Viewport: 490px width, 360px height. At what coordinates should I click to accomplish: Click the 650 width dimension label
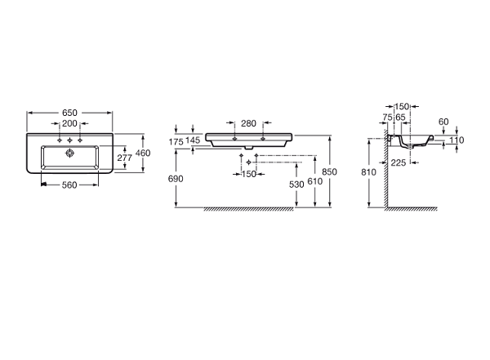pyautogui.click(x=69, y=113)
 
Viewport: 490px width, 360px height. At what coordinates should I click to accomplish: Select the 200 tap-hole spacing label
pyautogui.click(x=69, y=124)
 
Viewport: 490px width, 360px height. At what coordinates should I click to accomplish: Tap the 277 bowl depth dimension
pyautogui.click(x=125, y=158)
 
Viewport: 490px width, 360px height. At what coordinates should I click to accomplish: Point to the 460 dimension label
pyautogui.click(x=143, y=153)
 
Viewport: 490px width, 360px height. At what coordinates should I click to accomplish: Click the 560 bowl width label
pyautogui.click(x=69, y=185)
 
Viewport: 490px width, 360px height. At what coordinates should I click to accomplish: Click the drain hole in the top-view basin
pyautogui.click(x=69, y=153)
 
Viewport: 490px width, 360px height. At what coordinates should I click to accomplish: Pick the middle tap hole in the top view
pyautogui.click(x=69, y=140)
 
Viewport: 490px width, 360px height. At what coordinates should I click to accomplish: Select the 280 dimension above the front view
pyautogui.click(x=249, y=124)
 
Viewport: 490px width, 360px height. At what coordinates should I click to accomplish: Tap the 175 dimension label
pyautogui.click(x=176, y=142)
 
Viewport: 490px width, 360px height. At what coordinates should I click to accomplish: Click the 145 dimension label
pyautogui.click(x=193, y=140)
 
